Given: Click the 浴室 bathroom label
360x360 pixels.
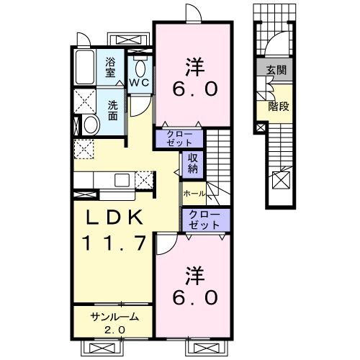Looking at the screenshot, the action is point(110,68).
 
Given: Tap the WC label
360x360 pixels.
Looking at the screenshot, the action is point(140,83).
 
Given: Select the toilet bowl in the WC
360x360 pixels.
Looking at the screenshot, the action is point(140,69).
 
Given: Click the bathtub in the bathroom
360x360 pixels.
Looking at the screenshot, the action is point(85,67).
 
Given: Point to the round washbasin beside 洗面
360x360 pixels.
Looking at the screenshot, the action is point(91,125).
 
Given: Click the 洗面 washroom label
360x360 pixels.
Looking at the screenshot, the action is point(112,110).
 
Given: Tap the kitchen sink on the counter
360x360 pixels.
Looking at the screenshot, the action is point(122,180).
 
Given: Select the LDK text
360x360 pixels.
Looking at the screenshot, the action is point(114,217).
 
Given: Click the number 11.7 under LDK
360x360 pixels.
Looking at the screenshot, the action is point(114,243).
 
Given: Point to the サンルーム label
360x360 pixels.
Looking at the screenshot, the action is point(114,317).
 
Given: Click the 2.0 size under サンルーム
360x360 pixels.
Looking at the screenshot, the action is point(114,330).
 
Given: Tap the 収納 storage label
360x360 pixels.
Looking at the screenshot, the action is point(192,163).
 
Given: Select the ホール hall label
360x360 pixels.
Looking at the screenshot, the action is point(194,194).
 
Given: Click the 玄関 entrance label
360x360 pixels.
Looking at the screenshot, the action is point(276,71).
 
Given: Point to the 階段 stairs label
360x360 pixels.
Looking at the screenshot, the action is point(279,107).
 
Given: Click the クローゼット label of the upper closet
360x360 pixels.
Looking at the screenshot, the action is point(179,138).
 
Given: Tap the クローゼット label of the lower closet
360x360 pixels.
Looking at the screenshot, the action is point(204,220).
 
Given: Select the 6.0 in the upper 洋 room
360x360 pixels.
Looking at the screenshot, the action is point(195,89).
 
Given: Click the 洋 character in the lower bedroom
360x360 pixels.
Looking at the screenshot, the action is point(195,276).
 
